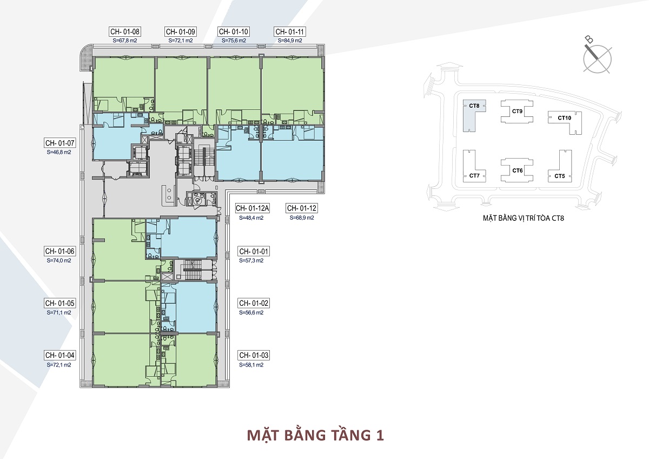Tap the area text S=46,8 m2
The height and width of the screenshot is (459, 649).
[59, 153]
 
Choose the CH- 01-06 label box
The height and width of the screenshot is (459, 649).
[59, 251]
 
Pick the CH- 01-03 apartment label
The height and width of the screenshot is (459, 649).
[253, 356]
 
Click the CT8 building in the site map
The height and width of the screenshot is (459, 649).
[474, 112]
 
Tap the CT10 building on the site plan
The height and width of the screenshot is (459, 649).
[564, 120]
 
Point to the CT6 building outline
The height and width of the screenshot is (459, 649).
[518, 171]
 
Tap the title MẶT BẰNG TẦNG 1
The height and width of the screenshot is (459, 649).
[315, 435]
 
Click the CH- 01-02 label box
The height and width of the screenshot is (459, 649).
[253, 303]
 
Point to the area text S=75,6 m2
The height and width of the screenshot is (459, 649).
[234, 41]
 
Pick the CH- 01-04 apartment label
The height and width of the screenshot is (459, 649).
[59, 356]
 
